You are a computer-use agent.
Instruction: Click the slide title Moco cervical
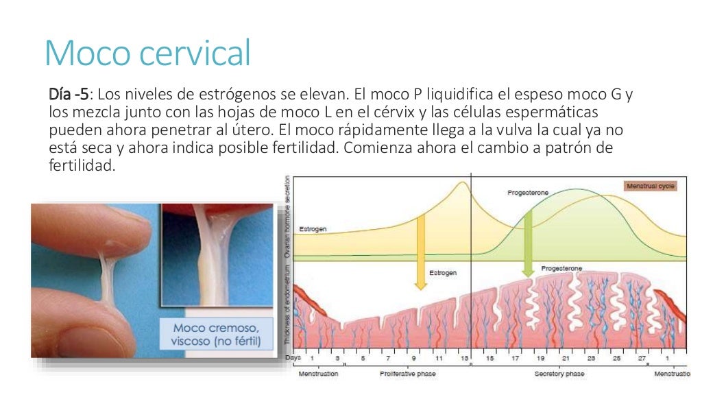[x=147, y=53]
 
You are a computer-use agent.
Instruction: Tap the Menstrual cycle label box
[x=651, y=186]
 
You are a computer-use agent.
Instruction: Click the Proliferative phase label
[x=408, y=374]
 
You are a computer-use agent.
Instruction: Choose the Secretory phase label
[x=559, y=374]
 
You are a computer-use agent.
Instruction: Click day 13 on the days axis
[x=465, y=359]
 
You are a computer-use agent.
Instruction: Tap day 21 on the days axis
[x=566, y=359]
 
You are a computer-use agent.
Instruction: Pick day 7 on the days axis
[x=389, y=359]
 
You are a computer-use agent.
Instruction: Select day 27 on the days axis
[x=642, y=359]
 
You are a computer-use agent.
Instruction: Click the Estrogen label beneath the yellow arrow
[x=442, y=273]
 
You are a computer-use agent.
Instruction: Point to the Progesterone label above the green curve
[x=528, y=193]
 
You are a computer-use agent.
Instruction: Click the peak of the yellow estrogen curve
[x=463, y=182]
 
